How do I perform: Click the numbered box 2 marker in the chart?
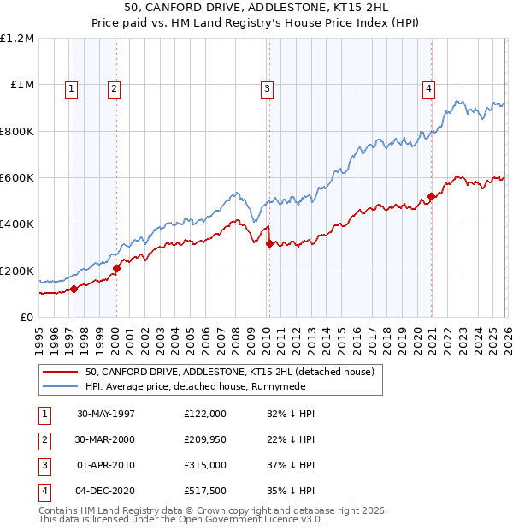point(114,87)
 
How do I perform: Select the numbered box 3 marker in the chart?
point(267,87)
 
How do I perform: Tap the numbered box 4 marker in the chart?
point(427,87)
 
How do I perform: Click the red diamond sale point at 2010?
point(269,244)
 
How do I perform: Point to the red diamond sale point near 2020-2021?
point(432,197)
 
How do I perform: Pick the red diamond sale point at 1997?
point(74,289)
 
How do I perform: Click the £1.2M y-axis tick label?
point(17,39)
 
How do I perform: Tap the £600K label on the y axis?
point(17,178)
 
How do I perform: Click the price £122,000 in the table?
point(204,413)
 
